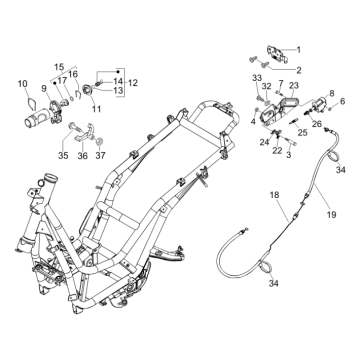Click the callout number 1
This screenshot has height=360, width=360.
[299, 50]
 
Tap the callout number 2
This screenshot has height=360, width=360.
[299, 70]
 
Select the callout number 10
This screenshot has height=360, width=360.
[23, 84]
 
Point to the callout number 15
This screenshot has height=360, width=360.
[59, 67]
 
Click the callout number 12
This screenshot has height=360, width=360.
[132, 83]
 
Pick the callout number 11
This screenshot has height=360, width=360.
[97, 109]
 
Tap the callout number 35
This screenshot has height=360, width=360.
[63, 155]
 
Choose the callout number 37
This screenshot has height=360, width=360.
[100, 155]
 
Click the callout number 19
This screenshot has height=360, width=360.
[331, 214]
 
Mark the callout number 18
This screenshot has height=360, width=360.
[274, 195]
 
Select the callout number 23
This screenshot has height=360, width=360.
[294, 85]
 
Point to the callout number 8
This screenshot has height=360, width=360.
[332, 93]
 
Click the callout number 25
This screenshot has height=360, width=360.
[303, 133]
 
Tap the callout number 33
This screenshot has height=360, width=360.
[257, 78]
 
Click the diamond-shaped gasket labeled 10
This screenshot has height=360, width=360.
[31, 103]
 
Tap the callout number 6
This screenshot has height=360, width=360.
[343, 101]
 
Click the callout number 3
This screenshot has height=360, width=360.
[289, 155]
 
